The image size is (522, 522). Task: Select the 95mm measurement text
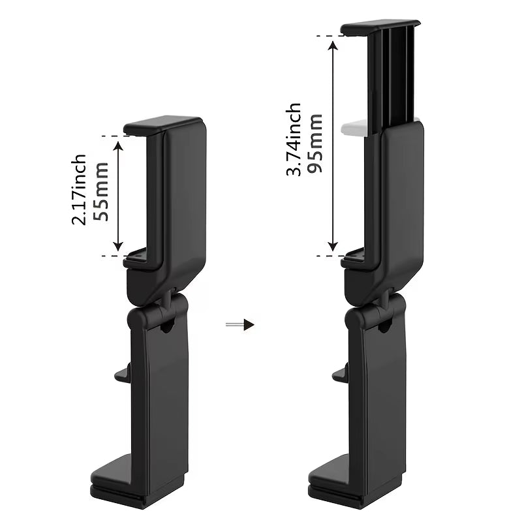tap(316, 144)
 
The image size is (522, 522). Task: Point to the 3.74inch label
tap(294, 139)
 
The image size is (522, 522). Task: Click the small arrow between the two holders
tap(239, 324)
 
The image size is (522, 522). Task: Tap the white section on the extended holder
tap(358, 127)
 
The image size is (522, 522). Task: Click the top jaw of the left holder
tap(163, 124)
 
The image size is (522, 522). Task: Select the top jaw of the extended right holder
tap(380, 27)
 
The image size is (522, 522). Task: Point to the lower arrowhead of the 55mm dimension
tap(118, 246)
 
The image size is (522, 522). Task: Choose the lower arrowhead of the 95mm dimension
tap(333, 246)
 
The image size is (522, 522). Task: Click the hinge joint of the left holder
tap(172, 301)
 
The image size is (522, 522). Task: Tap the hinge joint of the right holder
tap(390, 301)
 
